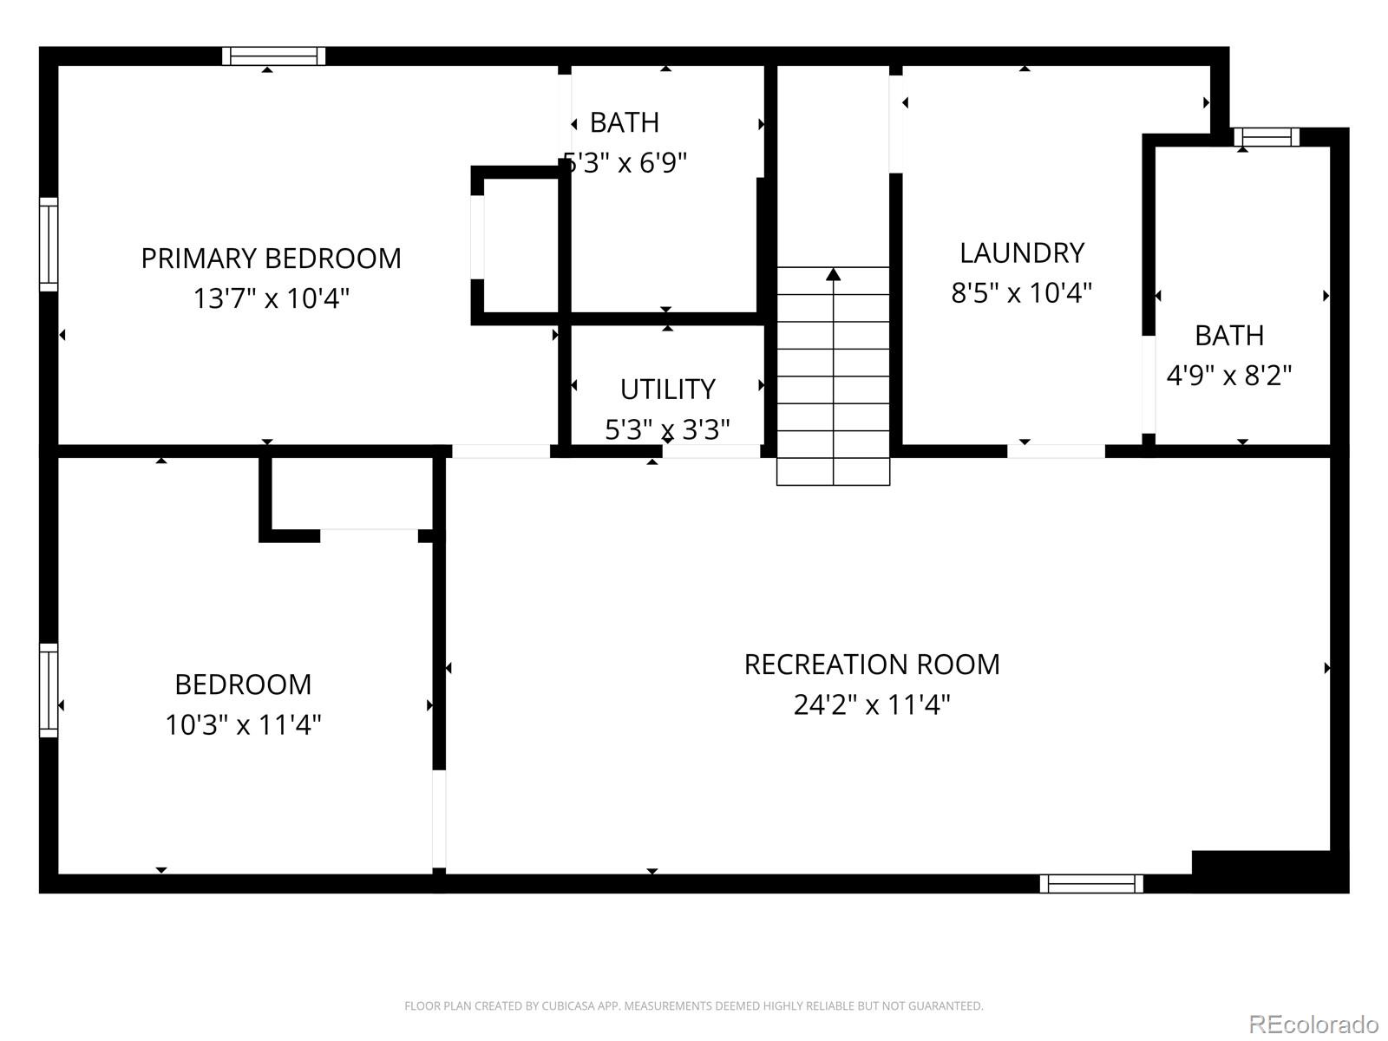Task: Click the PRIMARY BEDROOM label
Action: tap(271, 259)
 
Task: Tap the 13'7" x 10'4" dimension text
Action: tap(271, 298)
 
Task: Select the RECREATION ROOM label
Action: tap(872, 665)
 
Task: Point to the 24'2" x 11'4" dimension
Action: tap(872, 704)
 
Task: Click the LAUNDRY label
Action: tap(1022, 252)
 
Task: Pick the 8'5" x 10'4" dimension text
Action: tap(1022, 293)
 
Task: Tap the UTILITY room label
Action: tap(667, 390)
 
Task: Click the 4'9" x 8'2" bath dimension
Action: tap(1229, 376)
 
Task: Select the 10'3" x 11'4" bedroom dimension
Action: tap(243, 724)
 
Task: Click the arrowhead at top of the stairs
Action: tap(834, 275)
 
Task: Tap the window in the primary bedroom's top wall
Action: tap(273, 56)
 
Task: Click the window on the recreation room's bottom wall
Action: tap(1091, 883)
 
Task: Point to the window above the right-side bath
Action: tap(1267, 137)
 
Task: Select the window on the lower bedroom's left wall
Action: tap(49, 691)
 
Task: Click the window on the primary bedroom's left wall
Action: tap(49, 245)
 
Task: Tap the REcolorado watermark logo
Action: tap(1313, 1024)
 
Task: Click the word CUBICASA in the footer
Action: tap(566, 1006)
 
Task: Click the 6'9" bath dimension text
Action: tap(652, 163)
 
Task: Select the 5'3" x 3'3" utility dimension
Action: tap(667, 429)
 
